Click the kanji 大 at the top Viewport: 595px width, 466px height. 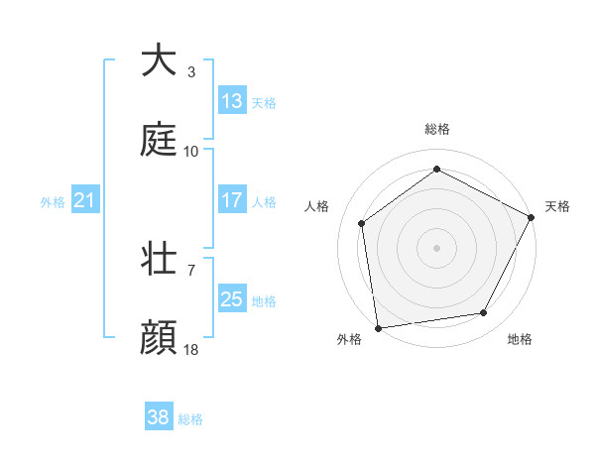tap(159, 61)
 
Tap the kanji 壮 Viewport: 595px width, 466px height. tap(159, 260)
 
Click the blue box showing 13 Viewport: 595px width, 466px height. tap(232, 101)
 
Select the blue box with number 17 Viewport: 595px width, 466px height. tap(232, 200)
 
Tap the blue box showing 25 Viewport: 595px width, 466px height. tap(232, 299)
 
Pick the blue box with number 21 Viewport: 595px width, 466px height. tap(85, 200)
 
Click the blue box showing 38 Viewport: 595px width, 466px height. tap(159, 418)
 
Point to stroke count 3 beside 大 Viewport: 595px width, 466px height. tap(190, 71)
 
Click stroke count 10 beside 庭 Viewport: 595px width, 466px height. tap(191, 151)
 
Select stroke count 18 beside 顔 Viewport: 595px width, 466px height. tap(191, 349)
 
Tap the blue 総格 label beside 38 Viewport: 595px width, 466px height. tap(190, 419)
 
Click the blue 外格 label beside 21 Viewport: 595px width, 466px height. tap(53, 201)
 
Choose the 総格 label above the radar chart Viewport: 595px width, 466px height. tap(436, 129)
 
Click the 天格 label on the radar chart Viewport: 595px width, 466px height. tap(557, 206)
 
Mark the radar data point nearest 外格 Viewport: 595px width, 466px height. tap(378, 327)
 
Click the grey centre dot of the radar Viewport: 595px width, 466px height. tap(436, 247)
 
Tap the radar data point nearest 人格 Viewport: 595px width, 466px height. tap(362, 223)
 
